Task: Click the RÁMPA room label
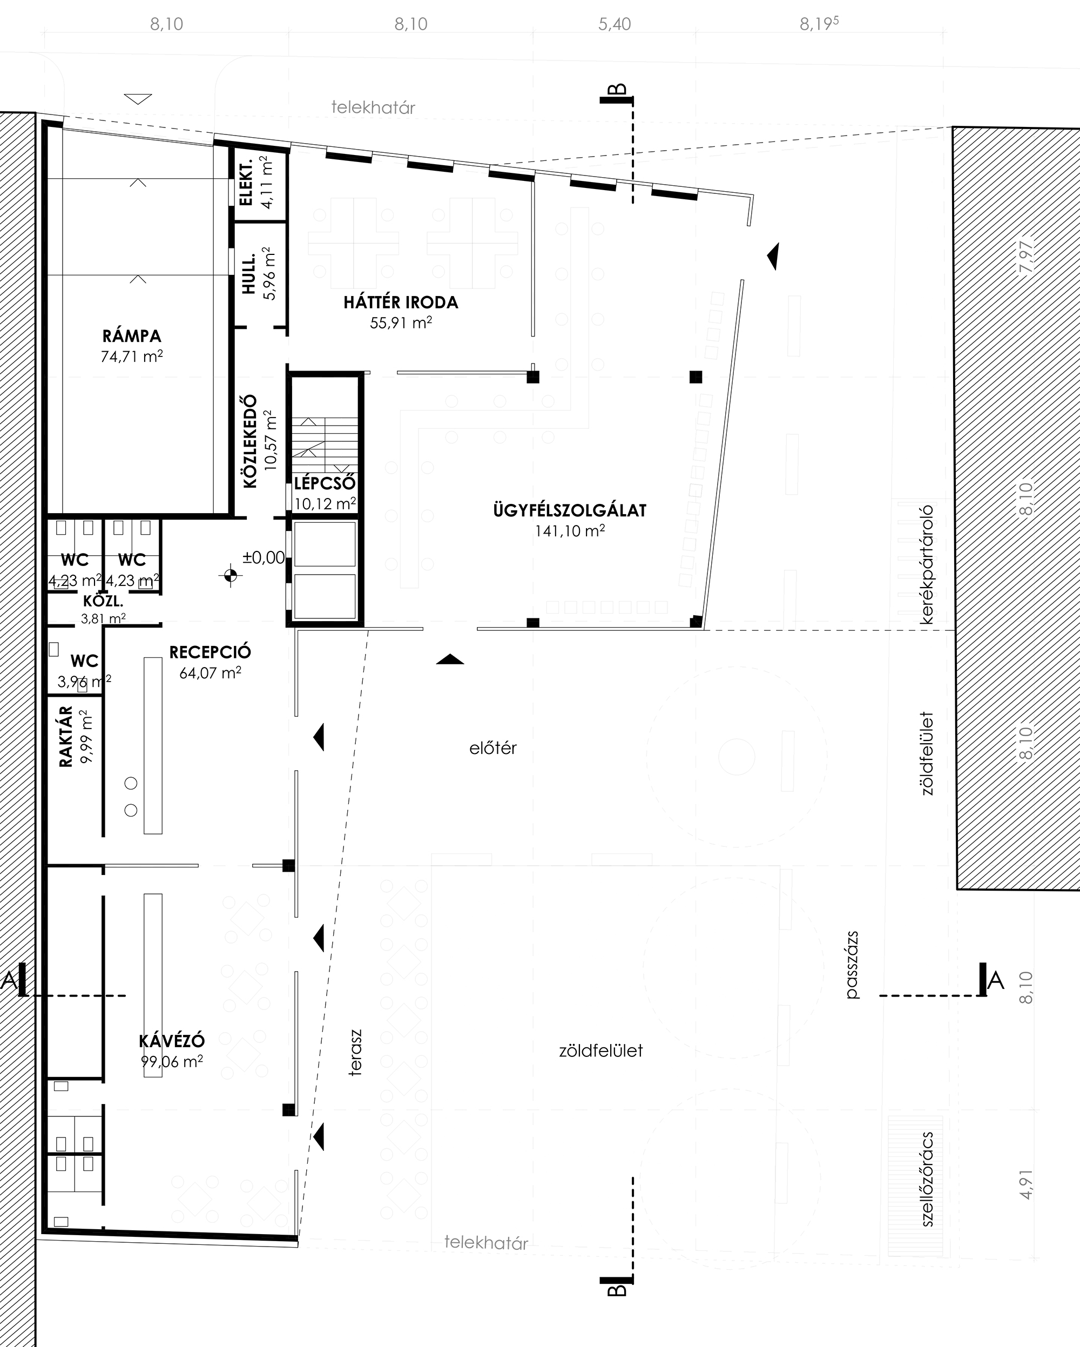132,335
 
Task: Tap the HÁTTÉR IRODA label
401,303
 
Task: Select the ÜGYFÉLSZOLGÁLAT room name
570,510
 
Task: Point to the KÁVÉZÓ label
172,1041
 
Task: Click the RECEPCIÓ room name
210,652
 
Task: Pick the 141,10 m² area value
570,531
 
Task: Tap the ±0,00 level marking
264,558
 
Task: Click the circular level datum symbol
231,575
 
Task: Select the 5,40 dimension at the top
615,24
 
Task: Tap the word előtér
493,748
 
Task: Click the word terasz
355,1053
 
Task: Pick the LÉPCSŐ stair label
325,483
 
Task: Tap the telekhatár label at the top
373,107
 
